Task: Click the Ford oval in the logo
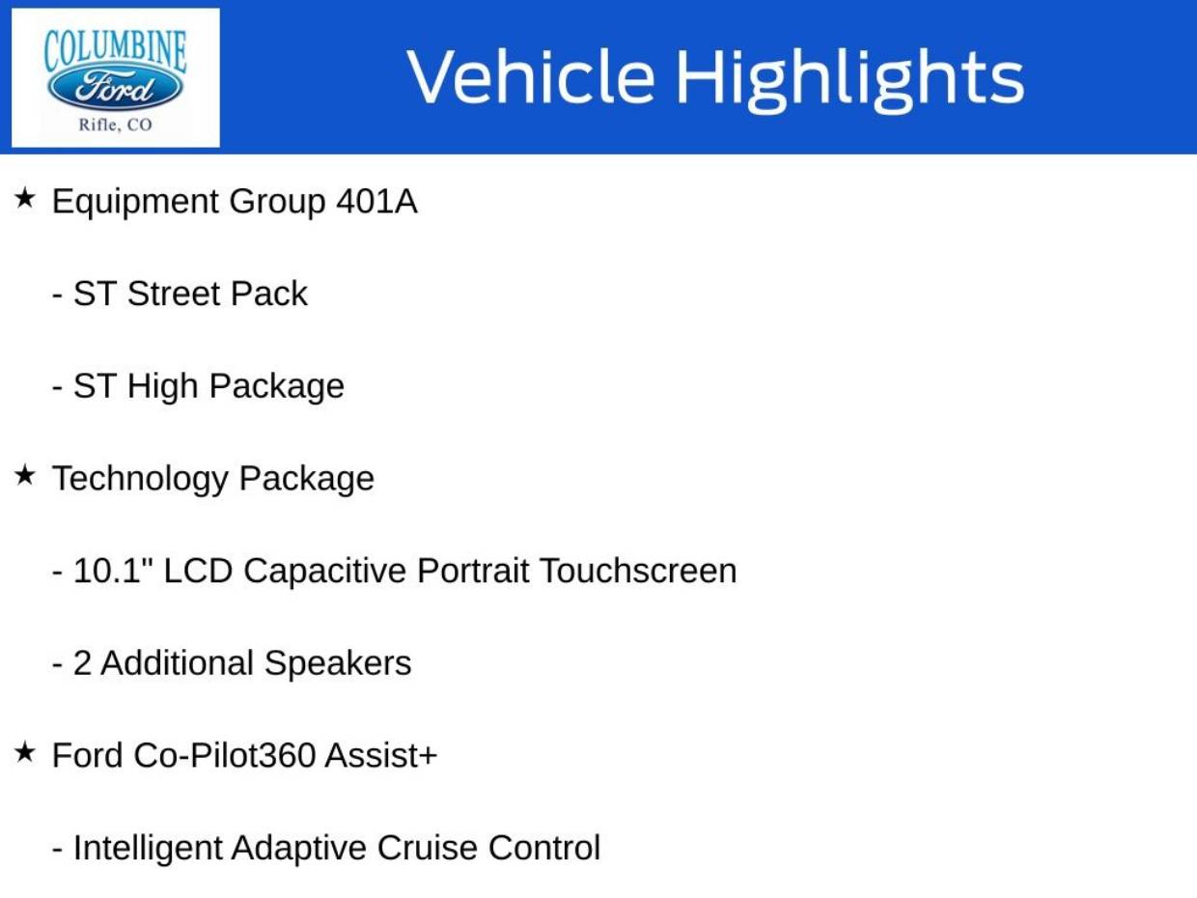[115, 89]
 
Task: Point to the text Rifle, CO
[115, 125]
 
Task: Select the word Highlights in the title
[849, 77]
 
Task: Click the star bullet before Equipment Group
[25, 199]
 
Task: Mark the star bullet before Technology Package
[25, 475]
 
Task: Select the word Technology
[139, 478]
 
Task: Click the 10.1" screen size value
[112, 571]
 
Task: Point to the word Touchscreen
[637, 571]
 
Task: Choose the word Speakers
[337, 663]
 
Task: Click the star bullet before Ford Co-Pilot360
[25, 752]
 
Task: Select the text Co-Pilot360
[224, 755]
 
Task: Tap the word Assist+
[380, 755]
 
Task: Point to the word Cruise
[429, 848]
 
